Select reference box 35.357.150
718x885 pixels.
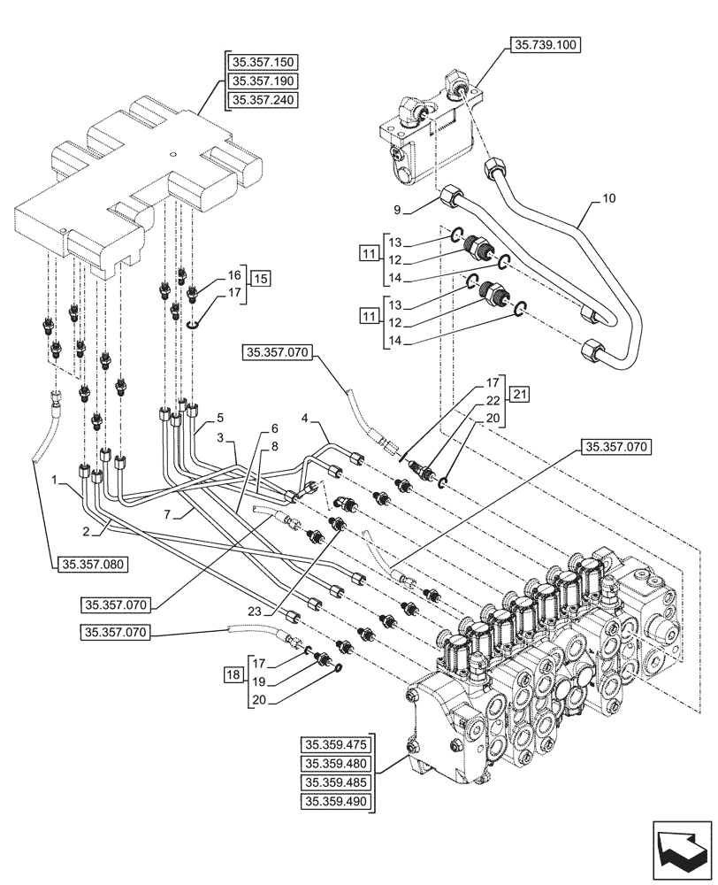(x=263, y=62)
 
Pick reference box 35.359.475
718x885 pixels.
(x=338, y=745)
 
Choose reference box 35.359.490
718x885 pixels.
(x=338, y=801)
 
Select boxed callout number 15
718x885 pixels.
(x=258, y=278)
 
